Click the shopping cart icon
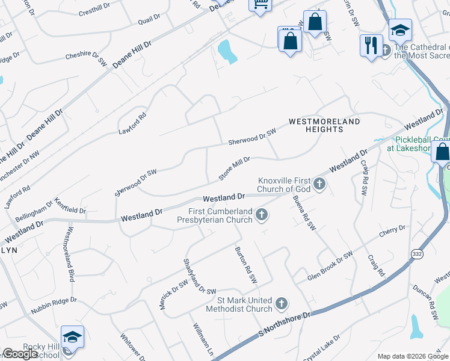[260, 4]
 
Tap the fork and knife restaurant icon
[369, 45]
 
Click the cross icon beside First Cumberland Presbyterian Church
[262, 214]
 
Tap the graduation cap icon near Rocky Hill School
[72, 338]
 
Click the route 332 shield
[417, 255]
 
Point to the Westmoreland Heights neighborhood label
[324, 125]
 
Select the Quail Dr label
[149, 20]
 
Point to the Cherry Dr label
[392, 232]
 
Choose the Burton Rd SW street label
[246, 265]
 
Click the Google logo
[20, 354]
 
